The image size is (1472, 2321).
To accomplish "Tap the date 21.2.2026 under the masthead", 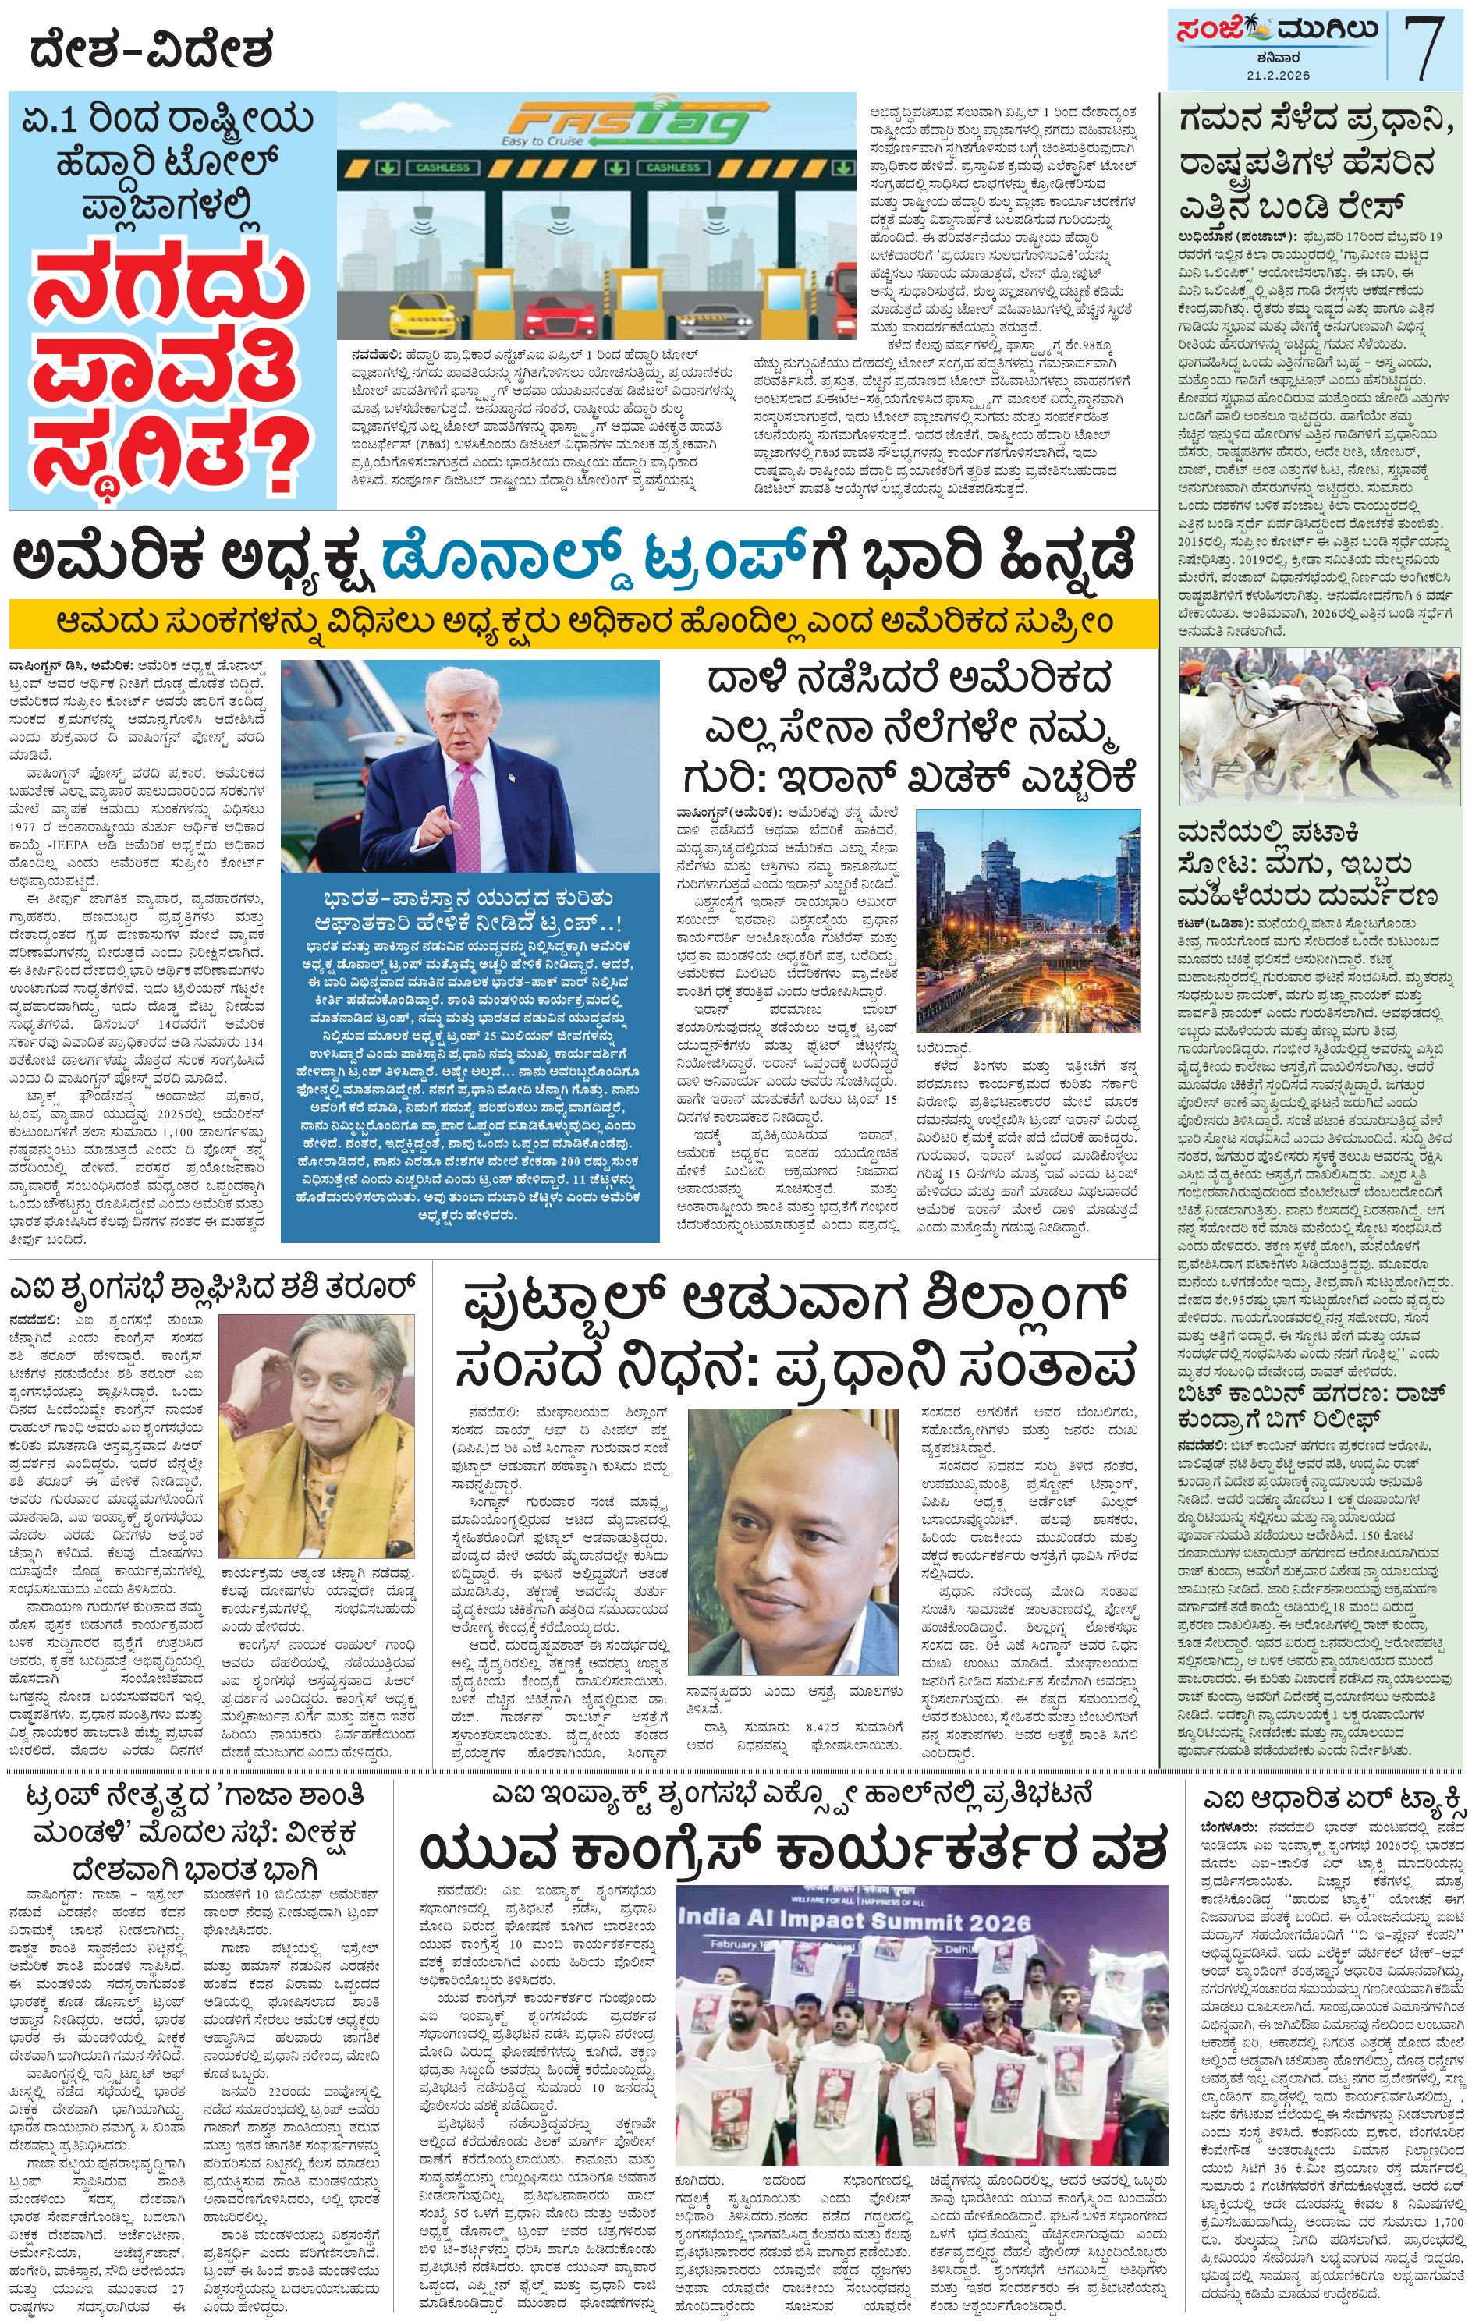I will click(1276, 74).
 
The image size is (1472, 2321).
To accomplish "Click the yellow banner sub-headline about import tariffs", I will click(583, 622).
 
